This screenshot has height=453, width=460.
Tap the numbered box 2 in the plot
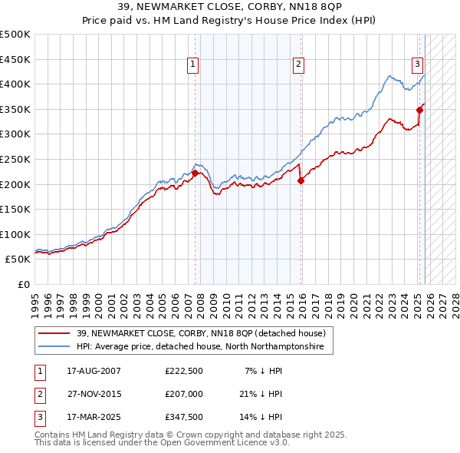coord(297,64)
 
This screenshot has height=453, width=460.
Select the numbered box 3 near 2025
coord(417,64)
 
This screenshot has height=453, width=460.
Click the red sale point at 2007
coord(195,173)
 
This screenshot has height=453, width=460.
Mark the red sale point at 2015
coord(301,181)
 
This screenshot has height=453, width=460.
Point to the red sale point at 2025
coord(419,111)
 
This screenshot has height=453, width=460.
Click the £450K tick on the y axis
coord(15,59)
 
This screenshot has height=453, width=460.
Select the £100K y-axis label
coord(15,234)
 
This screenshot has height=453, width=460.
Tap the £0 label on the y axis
coord(24,284)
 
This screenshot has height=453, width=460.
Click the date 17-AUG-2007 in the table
coord(94,370)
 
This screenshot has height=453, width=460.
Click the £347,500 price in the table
coord(183,418)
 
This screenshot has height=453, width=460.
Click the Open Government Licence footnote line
coord(163,442)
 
